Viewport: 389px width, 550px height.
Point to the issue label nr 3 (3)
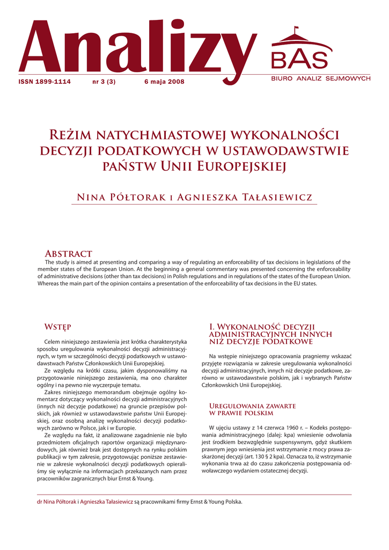(105, 82)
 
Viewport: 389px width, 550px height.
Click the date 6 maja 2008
(164, 82)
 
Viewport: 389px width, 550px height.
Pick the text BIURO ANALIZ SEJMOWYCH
(320, 79)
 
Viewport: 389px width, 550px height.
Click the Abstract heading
(69, 254)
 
